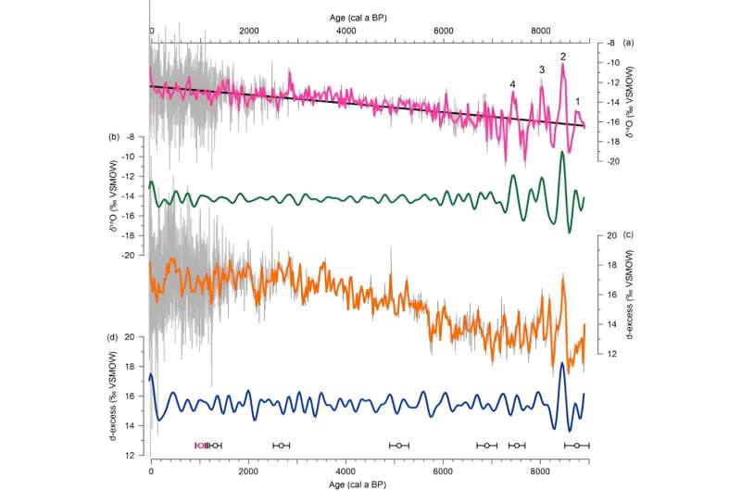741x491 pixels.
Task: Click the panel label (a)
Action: coord(629,44)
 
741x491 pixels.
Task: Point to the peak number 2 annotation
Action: coord(562,57)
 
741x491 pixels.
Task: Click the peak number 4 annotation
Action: coord(512,84)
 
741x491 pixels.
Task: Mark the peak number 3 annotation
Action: coord(542,69)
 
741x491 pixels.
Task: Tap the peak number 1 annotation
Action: coord(579,102)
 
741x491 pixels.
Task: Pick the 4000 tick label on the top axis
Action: coord(345,32)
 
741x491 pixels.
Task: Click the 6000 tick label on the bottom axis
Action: coord(443,470)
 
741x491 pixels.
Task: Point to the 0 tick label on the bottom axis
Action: coord(151,470)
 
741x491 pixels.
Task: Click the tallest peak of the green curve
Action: coord(561,152)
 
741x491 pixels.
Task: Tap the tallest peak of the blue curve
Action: coord(561,363)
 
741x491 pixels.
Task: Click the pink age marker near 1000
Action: coord(198,446)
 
